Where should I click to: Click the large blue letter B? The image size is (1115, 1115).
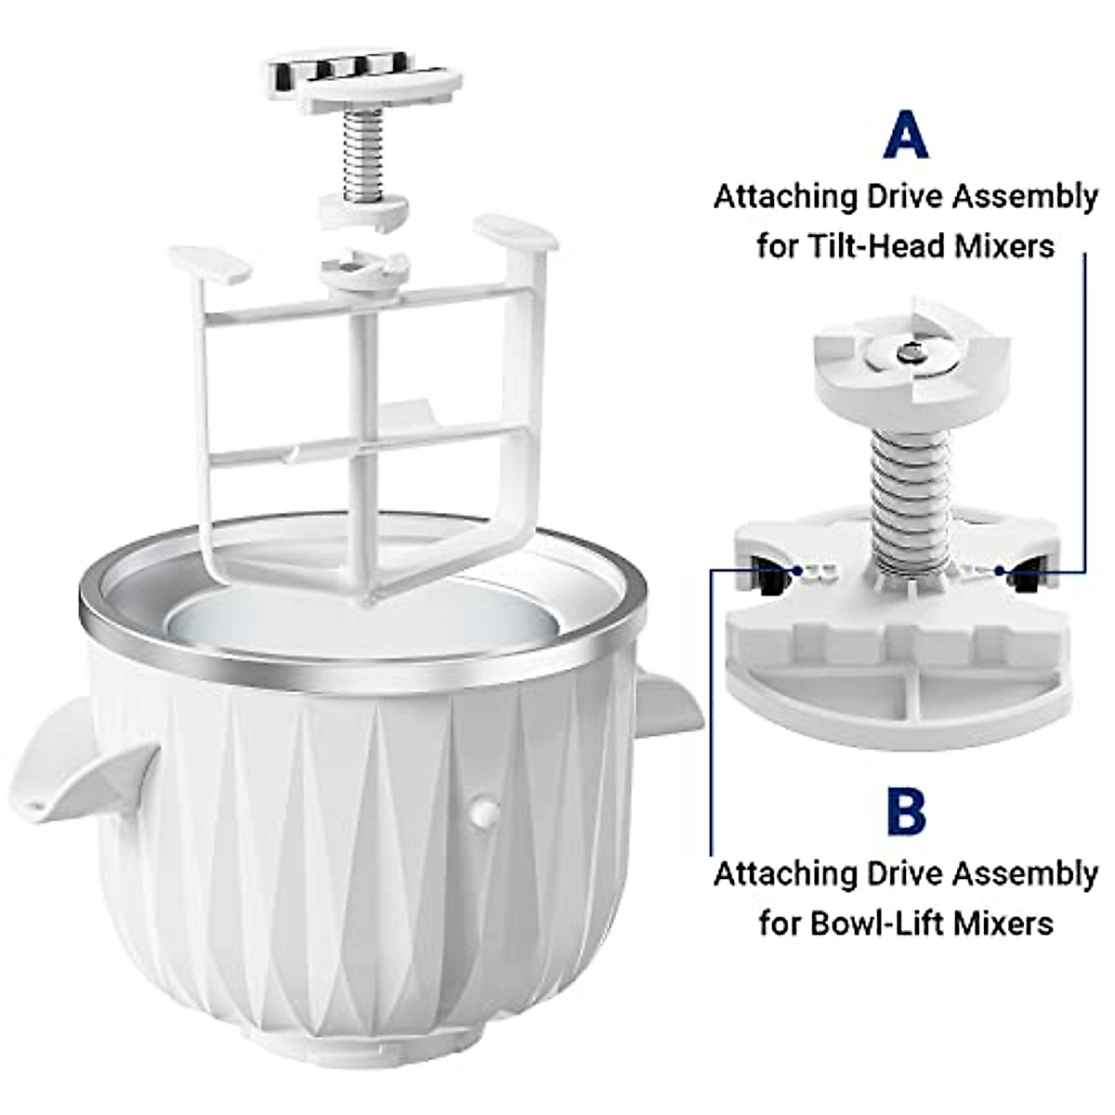pyautogui.click(x=906, y=810)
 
